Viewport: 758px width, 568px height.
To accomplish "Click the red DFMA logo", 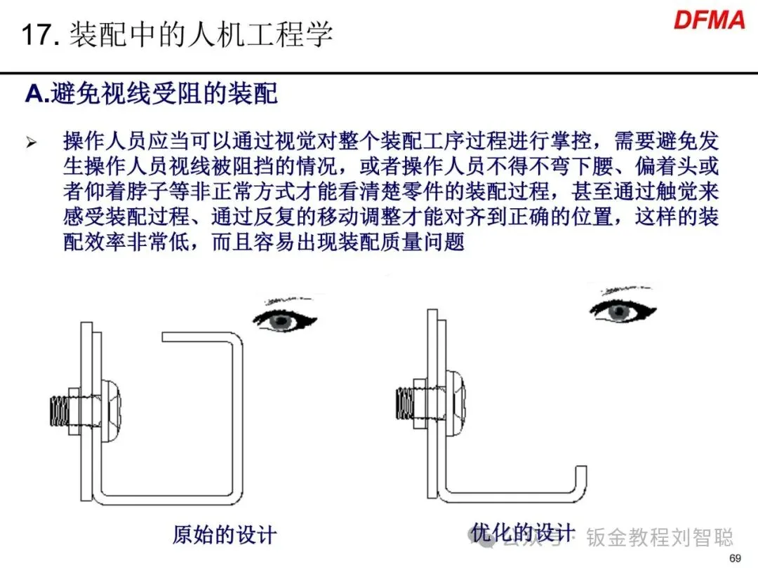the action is click(x=709, y=20).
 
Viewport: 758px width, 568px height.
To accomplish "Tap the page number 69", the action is click(x=736, y=558).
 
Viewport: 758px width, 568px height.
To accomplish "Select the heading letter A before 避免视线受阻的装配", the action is click(x=35, y=93).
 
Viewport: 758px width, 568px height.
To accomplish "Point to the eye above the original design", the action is click(x=284, y=320).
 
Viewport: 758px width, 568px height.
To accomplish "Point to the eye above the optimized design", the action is click(x=620, y=311).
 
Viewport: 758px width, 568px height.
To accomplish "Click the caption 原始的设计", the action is click(x=225, y=535).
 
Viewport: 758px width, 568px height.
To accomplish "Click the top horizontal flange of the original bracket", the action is click(x=200, y=337).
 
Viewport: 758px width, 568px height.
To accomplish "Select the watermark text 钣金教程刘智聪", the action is click(x=660, y=538).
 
